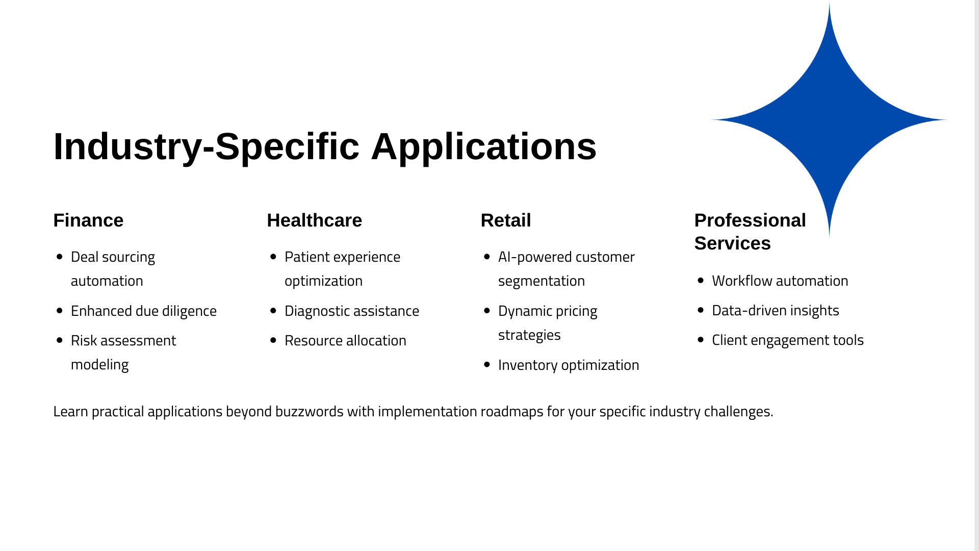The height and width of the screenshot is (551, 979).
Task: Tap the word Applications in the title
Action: [484, 147]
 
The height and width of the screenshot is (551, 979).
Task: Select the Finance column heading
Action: [88, 220]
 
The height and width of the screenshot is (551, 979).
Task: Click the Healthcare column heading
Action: [315, 220]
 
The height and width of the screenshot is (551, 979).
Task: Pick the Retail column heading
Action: [506, 220]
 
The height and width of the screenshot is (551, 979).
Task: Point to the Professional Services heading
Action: [750, 232]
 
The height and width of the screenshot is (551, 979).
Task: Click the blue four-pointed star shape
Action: [829, 120]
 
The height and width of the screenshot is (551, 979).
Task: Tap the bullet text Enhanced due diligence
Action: [144, 311]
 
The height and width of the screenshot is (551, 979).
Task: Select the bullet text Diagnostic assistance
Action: [352, 311]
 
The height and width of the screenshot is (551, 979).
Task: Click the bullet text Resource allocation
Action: [345, 340]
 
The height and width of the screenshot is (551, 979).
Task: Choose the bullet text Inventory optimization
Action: [569, 365]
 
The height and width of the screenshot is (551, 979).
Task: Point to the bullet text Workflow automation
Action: [780, 281]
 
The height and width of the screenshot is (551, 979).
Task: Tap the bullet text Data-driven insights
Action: [776, 310]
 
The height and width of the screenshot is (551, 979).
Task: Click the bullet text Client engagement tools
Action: [788, 340]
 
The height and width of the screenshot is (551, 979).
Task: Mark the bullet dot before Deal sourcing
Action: [60, 257]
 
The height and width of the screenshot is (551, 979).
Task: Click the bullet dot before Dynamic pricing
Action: [487, 311]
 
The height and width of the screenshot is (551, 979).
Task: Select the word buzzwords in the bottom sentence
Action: [310, 411]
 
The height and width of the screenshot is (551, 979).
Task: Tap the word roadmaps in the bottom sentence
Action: [512, 411]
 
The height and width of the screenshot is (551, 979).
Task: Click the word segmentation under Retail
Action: [542, 281]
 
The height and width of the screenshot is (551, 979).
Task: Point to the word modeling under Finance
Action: [100, 365]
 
